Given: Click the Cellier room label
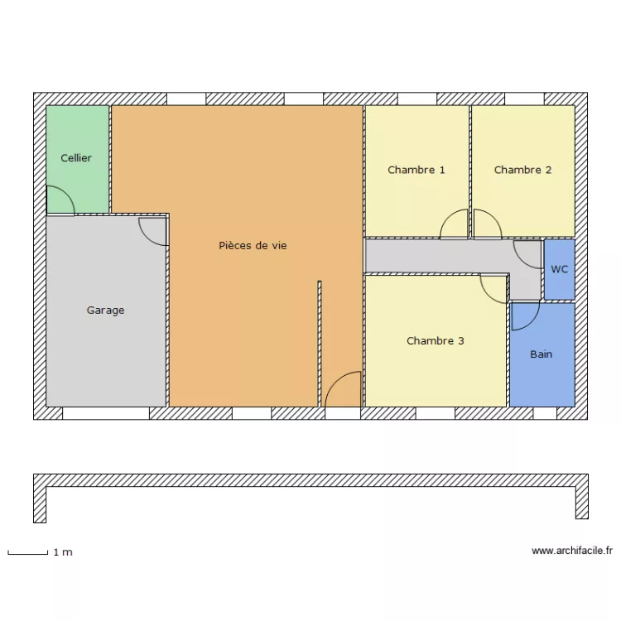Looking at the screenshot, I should click(76, 157).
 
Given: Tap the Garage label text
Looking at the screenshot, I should click(105, 310).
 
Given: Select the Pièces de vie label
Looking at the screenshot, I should click(253, 246).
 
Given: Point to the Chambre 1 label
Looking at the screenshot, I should click(416, 170).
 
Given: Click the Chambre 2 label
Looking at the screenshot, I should click(522, 170).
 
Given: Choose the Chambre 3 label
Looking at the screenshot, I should click(435, 340).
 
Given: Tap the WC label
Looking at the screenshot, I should click(560, 270).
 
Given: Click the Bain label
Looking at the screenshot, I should click(541, 354).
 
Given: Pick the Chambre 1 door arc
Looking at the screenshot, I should click(454, 224).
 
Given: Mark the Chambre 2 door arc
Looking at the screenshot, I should click(487, 224).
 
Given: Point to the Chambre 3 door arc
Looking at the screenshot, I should click(493, 289).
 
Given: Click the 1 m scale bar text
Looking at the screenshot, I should click(63, 552).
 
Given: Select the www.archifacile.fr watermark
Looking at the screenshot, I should click(571, 551).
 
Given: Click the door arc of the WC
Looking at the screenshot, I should click(527, 253).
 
